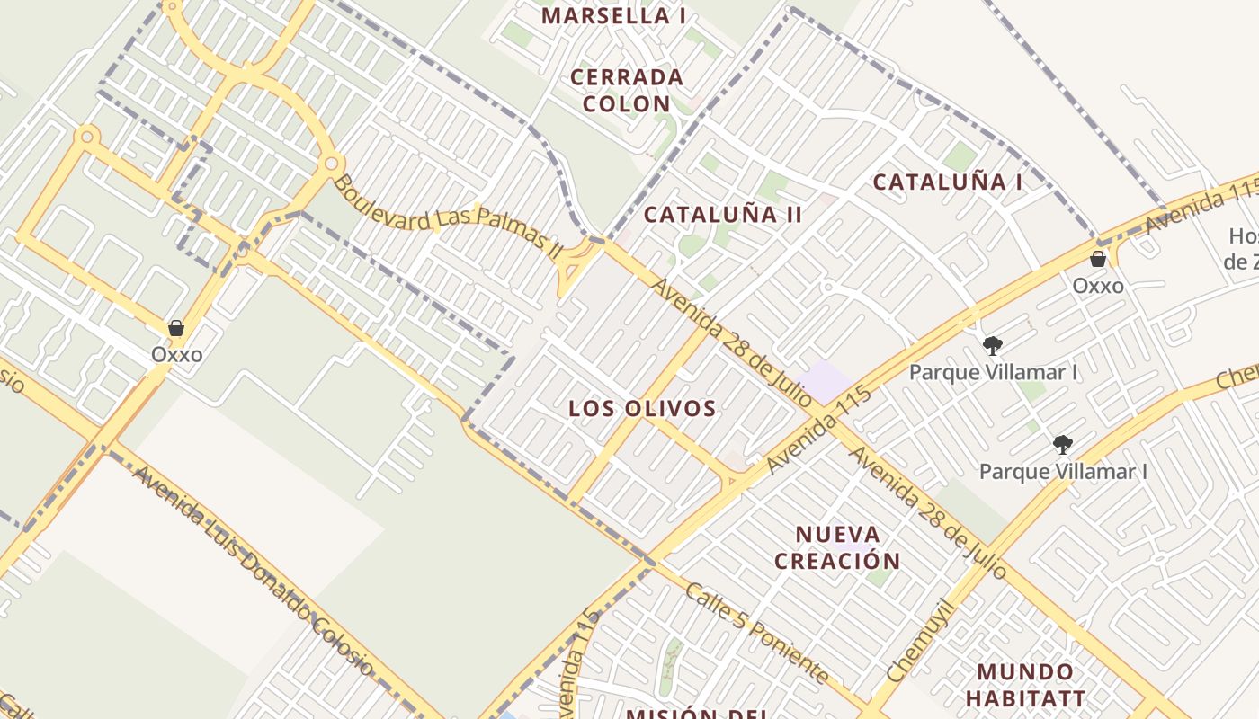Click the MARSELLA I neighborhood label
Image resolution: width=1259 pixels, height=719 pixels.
613,15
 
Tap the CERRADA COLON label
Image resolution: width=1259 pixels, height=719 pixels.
627,90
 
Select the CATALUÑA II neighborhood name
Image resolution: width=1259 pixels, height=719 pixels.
723,214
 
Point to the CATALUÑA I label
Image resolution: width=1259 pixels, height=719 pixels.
948,182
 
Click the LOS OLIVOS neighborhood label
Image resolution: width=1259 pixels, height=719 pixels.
642,409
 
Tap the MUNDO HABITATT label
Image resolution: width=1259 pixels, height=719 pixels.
1025,685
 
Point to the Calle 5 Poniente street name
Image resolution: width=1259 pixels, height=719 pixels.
756,632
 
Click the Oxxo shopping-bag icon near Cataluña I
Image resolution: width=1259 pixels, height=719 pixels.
1098,260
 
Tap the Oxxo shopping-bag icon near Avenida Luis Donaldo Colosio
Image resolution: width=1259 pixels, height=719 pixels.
176,328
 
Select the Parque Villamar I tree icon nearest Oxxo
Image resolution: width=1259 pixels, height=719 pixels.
993,346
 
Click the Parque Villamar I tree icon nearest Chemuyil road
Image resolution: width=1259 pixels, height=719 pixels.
1063,445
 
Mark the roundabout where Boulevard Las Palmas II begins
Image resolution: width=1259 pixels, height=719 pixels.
332,164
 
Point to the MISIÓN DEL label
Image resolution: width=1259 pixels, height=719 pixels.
685,714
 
